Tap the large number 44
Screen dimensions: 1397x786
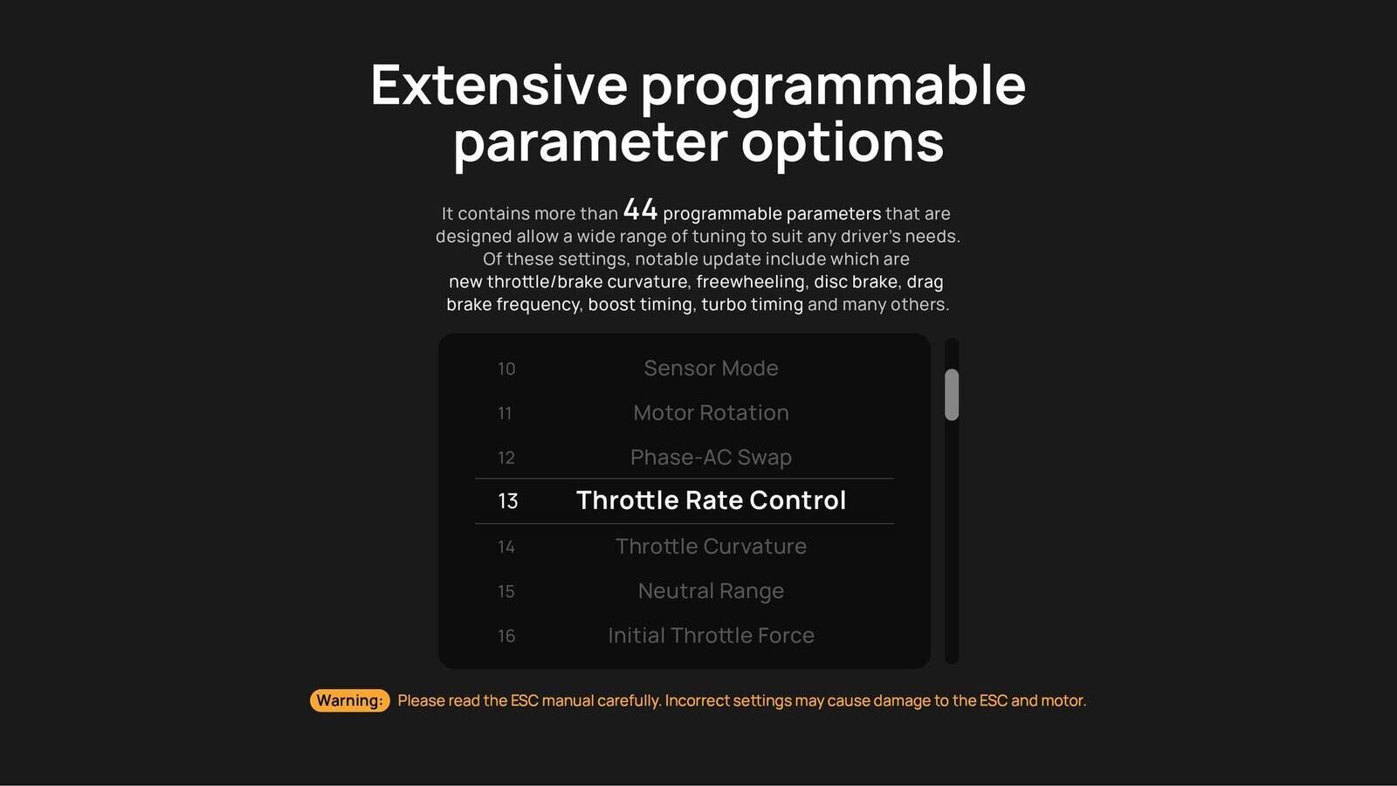(x=640, y=210)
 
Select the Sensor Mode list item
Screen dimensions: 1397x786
(x=711, y=368)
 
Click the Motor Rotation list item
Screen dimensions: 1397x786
(x=711, y=412)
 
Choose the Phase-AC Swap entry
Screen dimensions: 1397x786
(x=711, y=458)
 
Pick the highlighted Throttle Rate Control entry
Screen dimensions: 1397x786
(x=711, y=500)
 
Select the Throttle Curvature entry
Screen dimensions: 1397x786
(x=711, y=547)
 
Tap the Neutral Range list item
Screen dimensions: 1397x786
(x=711, y=591)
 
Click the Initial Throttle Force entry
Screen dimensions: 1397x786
(x=711, y=636)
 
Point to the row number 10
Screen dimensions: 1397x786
(x=506, y=369)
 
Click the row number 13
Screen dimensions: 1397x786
(x=507, y=501)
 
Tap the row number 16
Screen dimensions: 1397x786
(x=506, y=637)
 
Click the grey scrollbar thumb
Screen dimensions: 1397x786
(x=952, y=395)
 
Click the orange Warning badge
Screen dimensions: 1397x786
(x=350, y=700)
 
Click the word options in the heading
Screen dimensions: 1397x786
(x=842, y=143)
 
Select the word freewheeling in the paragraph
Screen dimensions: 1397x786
(x=751, y=282)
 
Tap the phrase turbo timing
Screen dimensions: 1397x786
(x=752, y=305)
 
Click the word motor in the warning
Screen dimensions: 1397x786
(x=1063, y=700)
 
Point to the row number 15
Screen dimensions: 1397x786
(x=506, y=591)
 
